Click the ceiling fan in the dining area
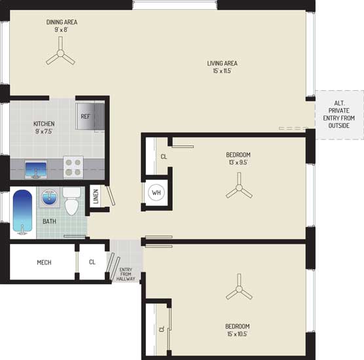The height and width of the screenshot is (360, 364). click(x=60, y=54)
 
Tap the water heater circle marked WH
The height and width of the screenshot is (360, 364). click(x=156, y=192)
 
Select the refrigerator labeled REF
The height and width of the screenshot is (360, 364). click(x=90, y=117)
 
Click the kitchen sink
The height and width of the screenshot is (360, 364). click(x=36, y=170)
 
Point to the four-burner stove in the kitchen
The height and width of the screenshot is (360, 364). click(x=73, y=168)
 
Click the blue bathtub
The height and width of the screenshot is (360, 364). click(x=22, y=211)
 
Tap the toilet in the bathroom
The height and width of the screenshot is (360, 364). click(x=71, y=201)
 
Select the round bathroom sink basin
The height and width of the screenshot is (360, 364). click(x=49, y=197)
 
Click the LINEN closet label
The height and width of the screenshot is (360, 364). click(x=96, y=196)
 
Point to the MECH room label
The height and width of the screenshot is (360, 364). click(x=44, y=262)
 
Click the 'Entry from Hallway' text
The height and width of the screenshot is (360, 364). click(x=126, y=274)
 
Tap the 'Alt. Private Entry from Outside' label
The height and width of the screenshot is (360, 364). click(x=339, y=115)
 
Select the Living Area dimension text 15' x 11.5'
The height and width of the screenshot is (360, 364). click(x=222, y=71)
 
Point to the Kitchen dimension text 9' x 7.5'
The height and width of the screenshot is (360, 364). click(x=44, y=132)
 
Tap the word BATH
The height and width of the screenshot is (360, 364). click(x=50, y=221)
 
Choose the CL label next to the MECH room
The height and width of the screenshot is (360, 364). click(x=92, y=262)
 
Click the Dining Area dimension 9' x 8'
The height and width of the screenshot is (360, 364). click(x=62, y=29)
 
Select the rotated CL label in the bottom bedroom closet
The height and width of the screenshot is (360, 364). click(x=162, y=329)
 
